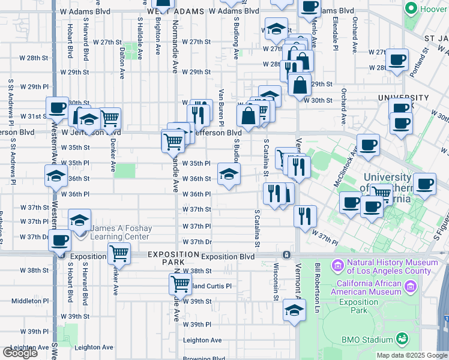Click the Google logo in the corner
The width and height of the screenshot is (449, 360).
click(20, 353)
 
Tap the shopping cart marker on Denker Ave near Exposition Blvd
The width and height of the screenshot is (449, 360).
click(119, 254)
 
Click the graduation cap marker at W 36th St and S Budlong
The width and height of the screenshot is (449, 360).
click(229, 175)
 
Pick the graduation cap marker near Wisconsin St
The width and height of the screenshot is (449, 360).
click(294, 311)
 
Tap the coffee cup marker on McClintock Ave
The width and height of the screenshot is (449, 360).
click(368, 144)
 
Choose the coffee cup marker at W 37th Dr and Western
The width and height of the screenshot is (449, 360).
click(60, 241)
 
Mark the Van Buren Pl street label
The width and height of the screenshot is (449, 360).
click(221, 103)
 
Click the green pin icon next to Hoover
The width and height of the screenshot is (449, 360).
click(411, 9)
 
